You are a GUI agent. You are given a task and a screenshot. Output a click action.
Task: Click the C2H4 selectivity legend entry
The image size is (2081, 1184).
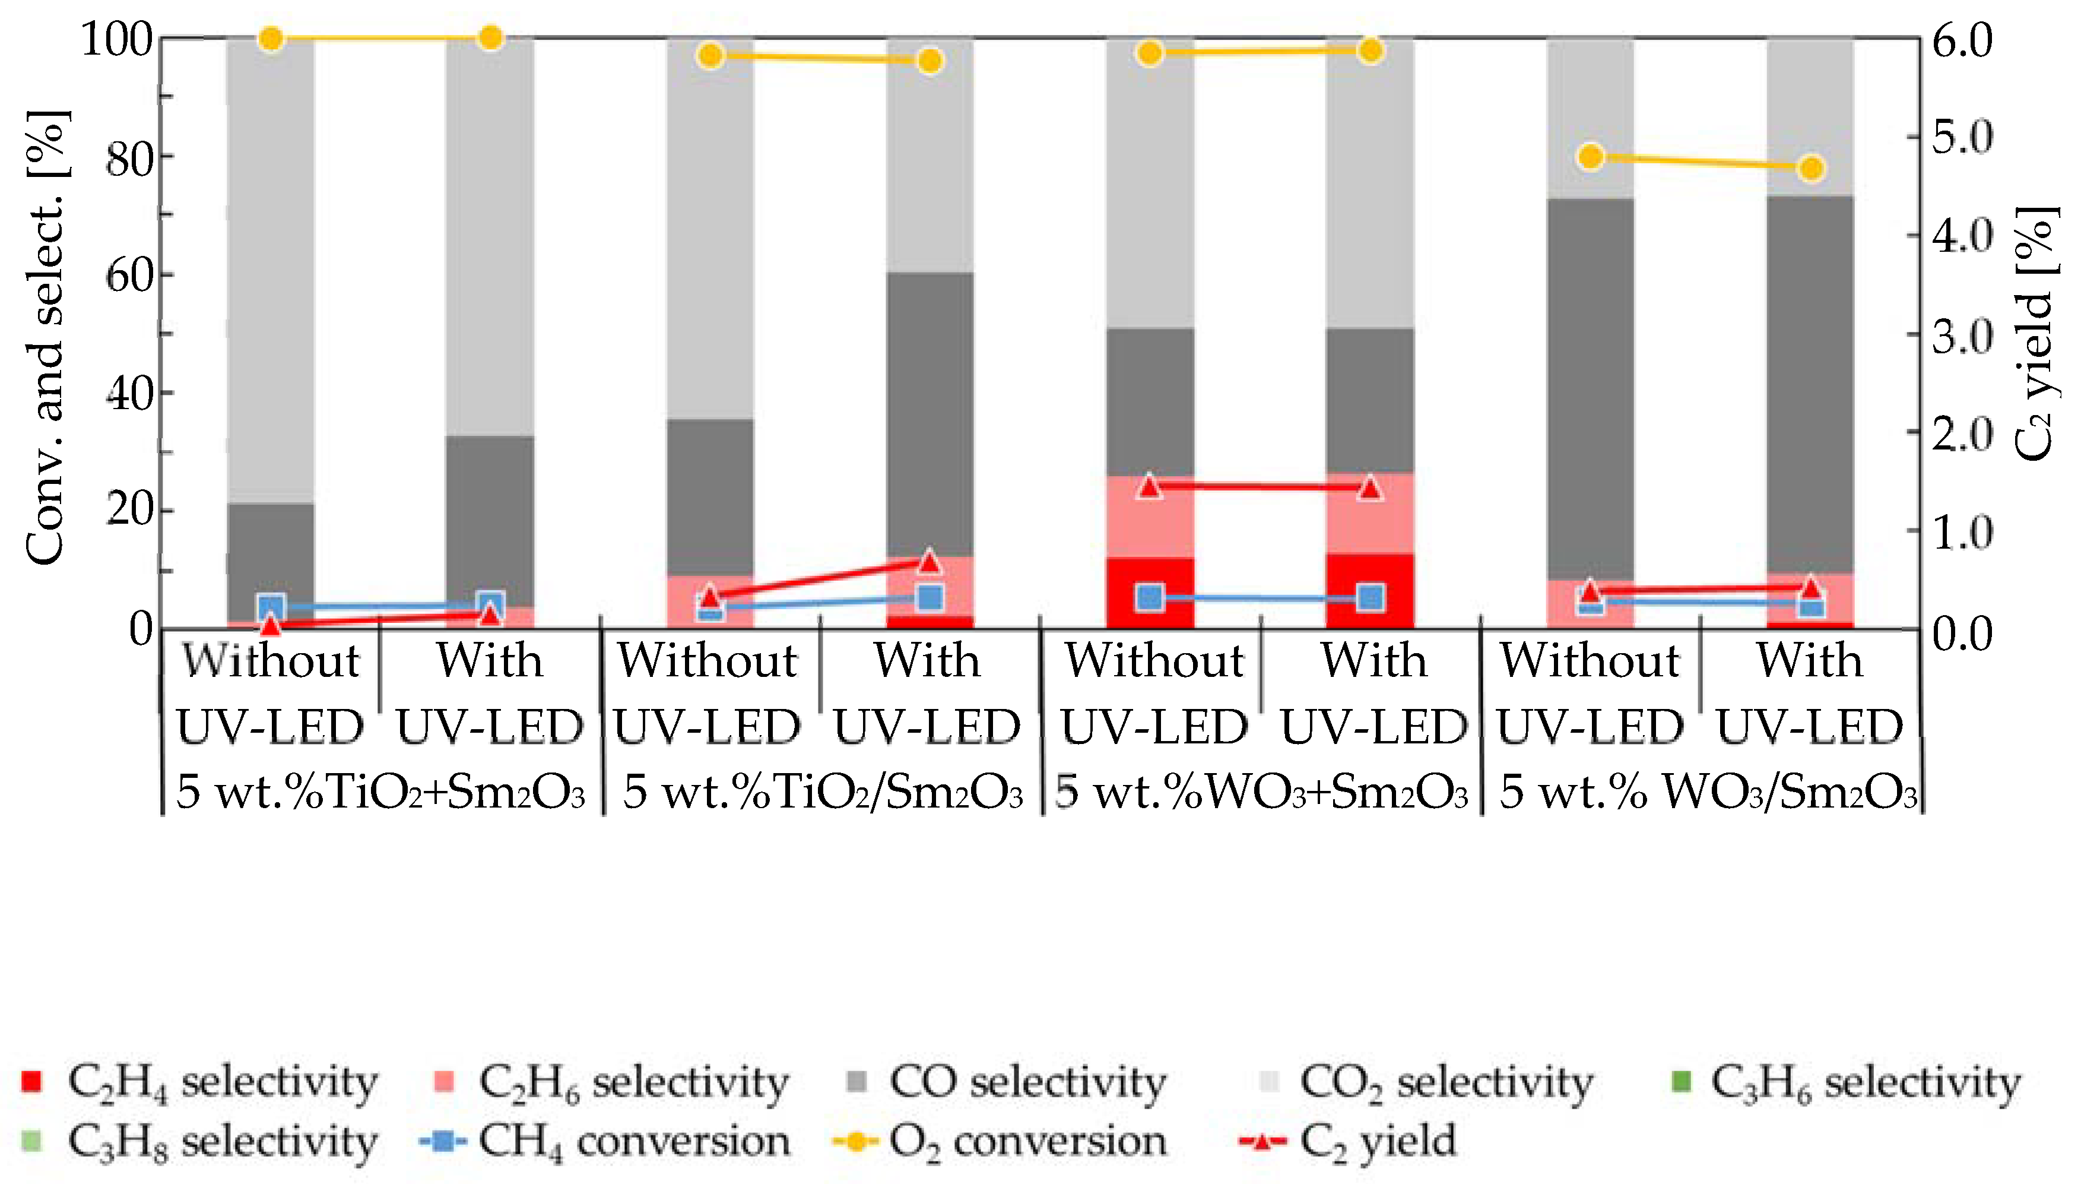coord(199,1081)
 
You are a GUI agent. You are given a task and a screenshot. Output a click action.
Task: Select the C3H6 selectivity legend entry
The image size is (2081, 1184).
coord(1845,1081)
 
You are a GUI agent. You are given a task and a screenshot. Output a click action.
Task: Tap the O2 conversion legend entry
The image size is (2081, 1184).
coord(1000,1141)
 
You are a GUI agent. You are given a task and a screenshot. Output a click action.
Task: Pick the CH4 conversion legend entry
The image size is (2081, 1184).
coord(605,1141)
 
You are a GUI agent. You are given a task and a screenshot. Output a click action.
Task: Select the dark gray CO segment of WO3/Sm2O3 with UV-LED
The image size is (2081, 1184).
coord(1810,382)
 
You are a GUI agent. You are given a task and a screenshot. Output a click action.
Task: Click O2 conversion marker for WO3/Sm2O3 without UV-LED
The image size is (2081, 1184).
coord(1591,157)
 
